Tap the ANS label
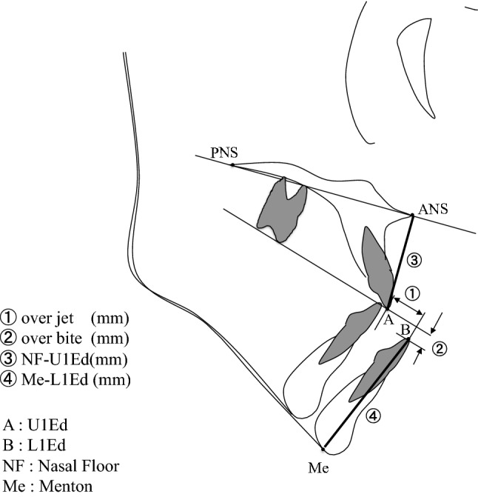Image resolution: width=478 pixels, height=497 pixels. pyautogui.click(x=430, y=209)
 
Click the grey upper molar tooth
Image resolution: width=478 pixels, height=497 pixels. pyautogui.click(x=280, y=208)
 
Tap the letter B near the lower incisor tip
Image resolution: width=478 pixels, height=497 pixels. pyautogui.click(x=405, y=327)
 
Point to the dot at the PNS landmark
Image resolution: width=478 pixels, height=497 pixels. pyautogui.click(x=232, y=165)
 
